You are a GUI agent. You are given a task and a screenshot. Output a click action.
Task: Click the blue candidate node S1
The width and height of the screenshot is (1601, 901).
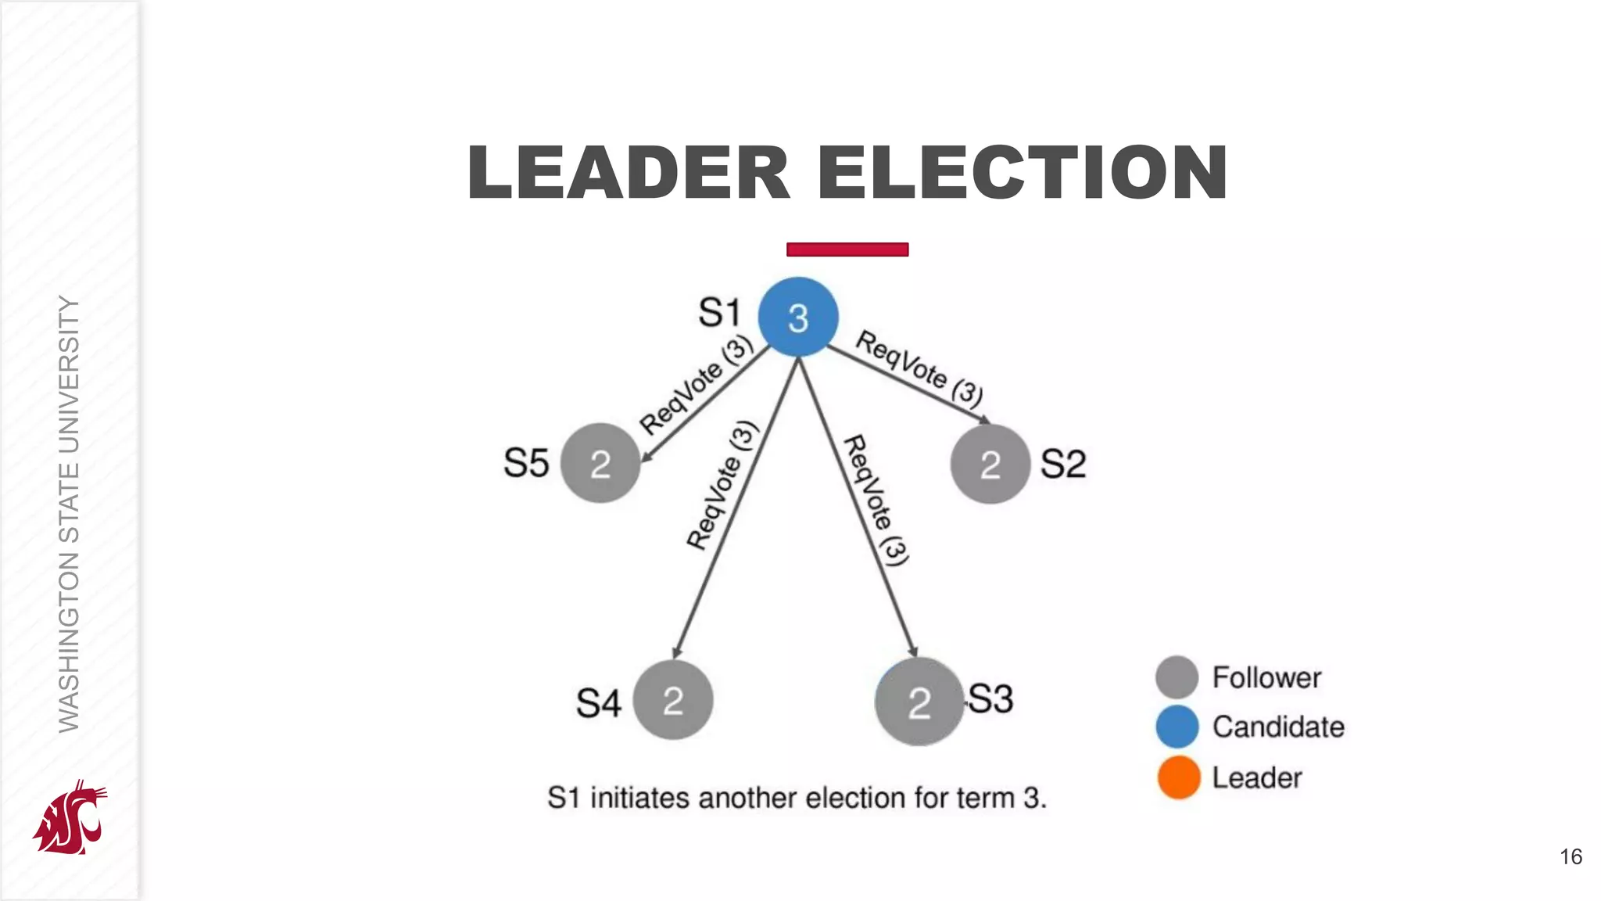pos(798,318)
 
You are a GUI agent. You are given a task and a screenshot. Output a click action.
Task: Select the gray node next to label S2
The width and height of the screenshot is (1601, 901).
pos(990,464)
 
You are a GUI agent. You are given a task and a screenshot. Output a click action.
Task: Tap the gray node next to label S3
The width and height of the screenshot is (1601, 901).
pos(919,702)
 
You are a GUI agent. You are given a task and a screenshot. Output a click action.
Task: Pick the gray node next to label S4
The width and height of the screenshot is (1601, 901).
pos(672,700)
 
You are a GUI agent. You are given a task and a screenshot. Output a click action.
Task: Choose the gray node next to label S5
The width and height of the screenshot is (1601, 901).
pos(600,463)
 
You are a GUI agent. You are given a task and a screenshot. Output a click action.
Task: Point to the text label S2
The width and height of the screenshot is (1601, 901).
pos(1063,464)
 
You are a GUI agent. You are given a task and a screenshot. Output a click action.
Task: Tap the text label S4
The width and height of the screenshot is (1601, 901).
pos(598,702)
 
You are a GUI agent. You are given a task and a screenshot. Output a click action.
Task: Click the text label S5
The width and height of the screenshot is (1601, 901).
pos(526,463)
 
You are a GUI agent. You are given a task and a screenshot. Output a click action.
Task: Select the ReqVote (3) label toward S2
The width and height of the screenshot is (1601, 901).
pos(919,368)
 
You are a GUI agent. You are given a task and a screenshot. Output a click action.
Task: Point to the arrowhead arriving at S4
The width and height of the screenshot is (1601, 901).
pos(677,652)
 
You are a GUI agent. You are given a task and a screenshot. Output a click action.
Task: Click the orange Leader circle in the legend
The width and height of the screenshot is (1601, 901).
pos(1178,777)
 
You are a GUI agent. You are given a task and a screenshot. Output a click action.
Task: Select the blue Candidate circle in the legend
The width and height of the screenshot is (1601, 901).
pos(1177,727)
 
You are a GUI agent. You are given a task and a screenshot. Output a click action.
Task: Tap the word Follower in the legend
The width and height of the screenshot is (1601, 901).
pos(1266,677)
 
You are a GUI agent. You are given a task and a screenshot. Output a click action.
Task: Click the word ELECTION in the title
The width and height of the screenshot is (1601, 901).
pos(1023,173)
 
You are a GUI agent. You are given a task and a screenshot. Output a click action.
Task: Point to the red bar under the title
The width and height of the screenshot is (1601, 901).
pos(847,249)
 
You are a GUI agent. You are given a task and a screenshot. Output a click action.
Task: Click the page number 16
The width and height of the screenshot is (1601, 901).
pos(1571,856)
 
